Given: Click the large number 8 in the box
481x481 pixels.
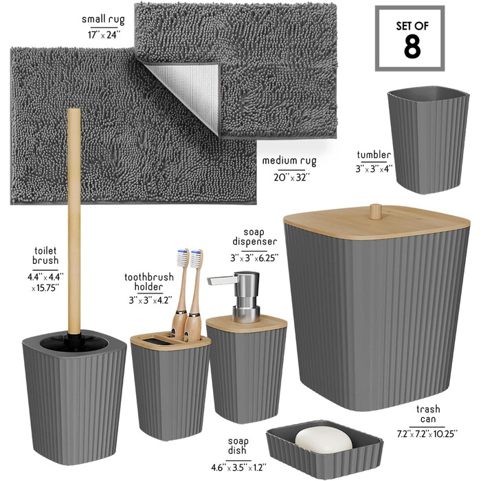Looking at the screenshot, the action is tap(412, 47).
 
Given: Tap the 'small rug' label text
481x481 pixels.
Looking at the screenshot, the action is tap(103, 19).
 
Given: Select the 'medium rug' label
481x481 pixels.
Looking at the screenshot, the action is tap(289, 161).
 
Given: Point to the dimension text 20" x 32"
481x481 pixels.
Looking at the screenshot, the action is tap(292, 177).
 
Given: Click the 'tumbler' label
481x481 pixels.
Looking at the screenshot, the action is tap(374, 155).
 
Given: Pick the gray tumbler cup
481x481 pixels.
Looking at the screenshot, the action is tap(428, 139).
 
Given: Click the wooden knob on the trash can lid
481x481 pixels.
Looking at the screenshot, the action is tap(375, 212).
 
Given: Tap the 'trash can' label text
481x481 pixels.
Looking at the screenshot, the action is tap(428, 414).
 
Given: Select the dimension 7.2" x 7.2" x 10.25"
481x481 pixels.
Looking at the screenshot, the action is tap(427, 434).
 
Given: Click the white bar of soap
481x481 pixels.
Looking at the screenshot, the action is tap(324, 440).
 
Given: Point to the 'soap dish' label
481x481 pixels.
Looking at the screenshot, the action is tap(238, 446).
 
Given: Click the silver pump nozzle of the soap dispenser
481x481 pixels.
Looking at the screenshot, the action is tap(222, 280).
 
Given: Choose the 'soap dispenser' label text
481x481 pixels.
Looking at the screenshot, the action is tap(254, 237).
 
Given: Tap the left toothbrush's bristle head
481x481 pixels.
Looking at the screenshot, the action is tap(182, 257).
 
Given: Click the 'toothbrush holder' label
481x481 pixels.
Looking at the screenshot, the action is tap(149, 282).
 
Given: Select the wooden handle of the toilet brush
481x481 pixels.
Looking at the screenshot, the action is tap(74, 221).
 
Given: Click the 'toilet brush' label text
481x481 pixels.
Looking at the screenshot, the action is tap(45, 256).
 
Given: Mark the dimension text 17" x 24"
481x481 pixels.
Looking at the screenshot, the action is tap(102, 34).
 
